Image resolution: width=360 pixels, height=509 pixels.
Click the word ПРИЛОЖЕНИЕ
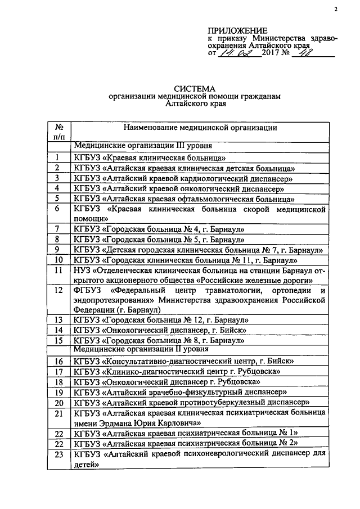(x=238, y=30)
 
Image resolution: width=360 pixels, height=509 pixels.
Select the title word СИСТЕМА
(x=195, y=88)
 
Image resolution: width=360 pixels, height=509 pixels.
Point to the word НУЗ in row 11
(x=83, y=271)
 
